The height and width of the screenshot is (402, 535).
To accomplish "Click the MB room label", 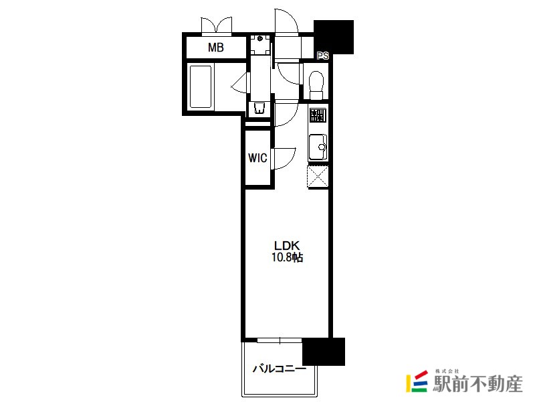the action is [215, 48].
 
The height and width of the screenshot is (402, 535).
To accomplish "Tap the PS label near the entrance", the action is [323, 56].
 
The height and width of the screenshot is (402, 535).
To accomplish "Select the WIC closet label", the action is [257, 158].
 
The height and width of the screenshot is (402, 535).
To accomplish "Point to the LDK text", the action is [287, 245].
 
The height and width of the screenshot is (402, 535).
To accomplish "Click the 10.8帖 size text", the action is [287, 257].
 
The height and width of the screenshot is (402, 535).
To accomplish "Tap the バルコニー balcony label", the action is [280, 369].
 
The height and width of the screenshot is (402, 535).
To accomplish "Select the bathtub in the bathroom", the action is [201, 86].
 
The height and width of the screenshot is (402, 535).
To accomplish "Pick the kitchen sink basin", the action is [318, 147].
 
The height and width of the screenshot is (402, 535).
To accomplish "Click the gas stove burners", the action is [318, 115].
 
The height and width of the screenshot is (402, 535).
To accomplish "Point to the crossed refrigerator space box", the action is [318, 176].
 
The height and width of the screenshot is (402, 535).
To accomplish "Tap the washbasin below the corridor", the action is [259, 108].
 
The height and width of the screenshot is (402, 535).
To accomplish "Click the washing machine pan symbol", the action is [260, 44].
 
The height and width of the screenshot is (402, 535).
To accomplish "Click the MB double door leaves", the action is [217, 25].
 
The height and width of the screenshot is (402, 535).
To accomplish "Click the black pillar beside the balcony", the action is [324, 351].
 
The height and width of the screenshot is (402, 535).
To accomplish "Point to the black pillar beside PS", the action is [334, 37].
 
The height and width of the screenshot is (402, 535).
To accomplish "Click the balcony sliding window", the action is [280, 340].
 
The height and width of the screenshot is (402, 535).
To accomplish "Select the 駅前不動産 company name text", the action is [477, 384].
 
